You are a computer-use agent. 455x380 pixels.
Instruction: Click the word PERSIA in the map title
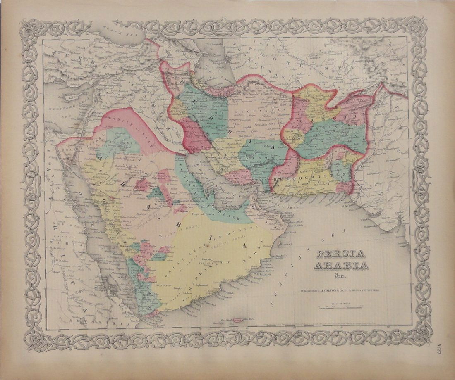tap(334, 254)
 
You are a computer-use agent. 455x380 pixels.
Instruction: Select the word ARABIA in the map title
tap(340, 265)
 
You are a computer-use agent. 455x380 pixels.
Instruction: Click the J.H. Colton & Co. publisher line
tap(340, 291)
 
